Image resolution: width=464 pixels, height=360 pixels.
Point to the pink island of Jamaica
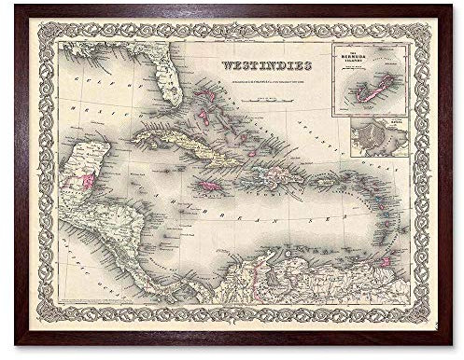212,187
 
